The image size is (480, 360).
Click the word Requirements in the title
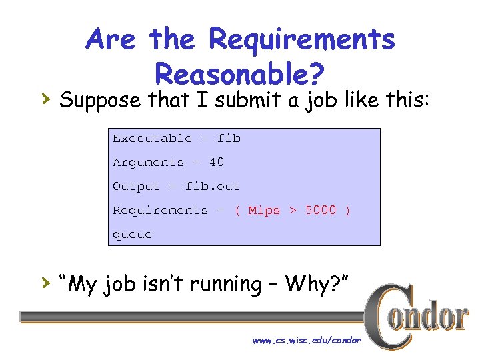pyautogui.click(x=302, y=39)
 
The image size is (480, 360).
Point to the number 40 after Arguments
pyautogui.click(x=217, y=163)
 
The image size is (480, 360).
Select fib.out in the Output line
pyautogui.click(x=212, y=187)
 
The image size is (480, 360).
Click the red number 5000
pyautogui.click(x=321, y=211)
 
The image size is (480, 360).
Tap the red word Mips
pyautogui.click(x=264, y=211)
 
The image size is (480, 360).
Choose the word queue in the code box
pyautogui.click(x=132, y=235)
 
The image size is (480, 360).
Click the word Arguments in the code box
pyautogui.click(x=148, y=163)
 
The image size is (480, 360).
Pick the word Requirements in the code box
pyautogui.click(x=160, y=211)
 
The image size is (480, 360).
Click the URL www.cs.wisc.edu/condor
pyautogui.click(x=307, y=341)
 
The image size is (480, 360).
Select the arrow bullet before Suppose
pyautogui.click(x=45, y=99)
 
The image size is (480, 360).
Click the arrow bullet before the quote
pyautogui.click(x=45, y=283)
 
